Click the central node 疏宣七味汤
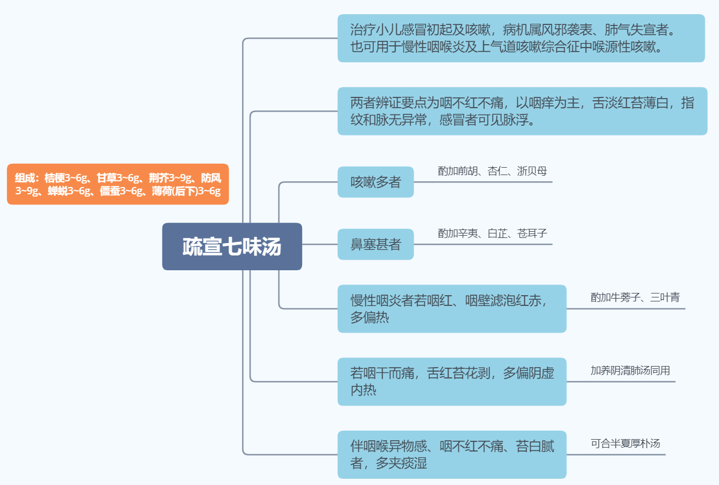pyautogui.click(x=232, y=246)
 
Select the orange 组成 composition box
pyautogui.click(x=118, y=184)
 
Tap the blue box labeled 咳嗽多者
pyautogui.click(x=376, y=182)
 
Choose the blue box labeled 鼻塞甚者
pyautogui.click(x=376, y=244)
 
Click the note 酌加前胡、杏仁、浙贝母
pyautogui.click(x=492, y=171)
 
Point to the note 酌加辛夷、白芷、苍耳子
pyautogui.click(x=492, y=233)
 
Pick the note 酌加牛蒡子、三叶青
pyautogui.click(x=635, y=297)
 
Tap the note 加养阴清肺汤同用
pyautogui.click(x=630, y=371)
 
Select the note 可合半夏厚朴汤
pyautogui.click(x=625, y=444)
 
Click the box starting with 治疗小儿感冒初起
pyautogui.click(x=521, y=38)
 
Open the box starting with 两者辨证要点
pyautogui.click(x=522, y=111)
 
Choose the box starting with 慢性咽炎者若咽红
pyautogui.click(x=451, y=308)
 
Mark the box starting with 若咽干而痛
pyautogui.click(x=451, y=381)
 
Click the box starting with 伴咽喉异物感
pyautogui.click(x=451, y=454)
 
